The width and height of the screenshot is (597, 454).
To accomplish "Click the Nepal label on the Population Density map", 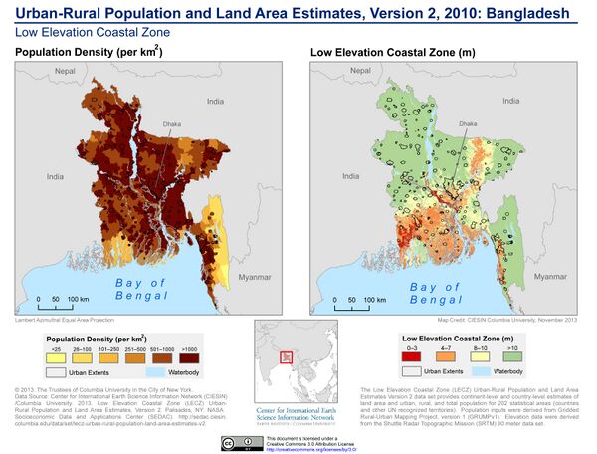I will pos(66,71).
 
